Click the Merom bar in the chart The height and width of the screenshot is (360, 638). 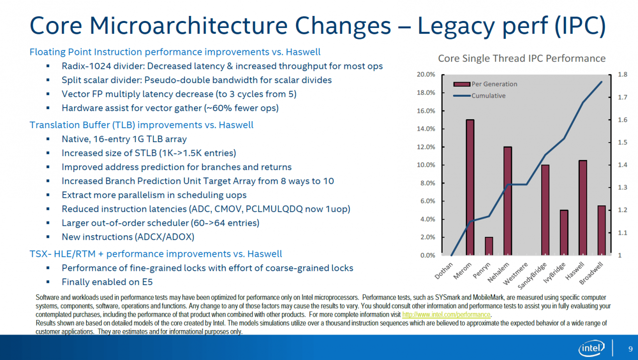[x=470, y=187]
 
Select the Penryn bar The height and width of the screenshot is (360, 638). [x=489, y=246]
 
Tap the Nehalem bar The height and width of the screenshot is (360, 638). [x=507, y=201]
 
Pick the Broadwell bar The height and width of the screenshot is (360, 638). [x=602, y=230]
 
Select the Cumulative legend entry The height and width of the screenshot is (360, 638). [x=479, y=96]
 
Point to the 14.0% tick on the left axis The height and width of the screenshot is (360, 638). [x=426, y=129]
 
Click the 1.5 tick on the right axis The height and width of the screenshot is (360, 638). [x=623, y=142]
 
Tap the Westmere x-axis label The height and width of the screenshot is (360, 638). [x=515, y=273]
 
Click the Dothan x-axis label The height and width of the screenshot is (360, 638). [x=444, y=271]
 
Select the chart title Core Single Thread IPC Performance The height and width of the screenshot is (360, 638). [x=522, y=58]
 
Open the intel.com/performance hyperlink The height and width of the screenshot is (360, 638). [x=446, y=315]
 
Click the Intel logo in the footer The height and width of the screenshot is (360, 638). [x=592, y=348]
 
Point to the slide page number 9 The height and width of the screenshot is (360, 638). [x=631, y=349]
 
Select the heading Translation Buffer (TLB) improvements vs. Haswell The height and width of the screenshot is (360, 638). [x=142, y=125]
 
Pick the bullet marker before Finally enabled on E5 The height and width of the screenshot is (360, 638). [x=48, y=282]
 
